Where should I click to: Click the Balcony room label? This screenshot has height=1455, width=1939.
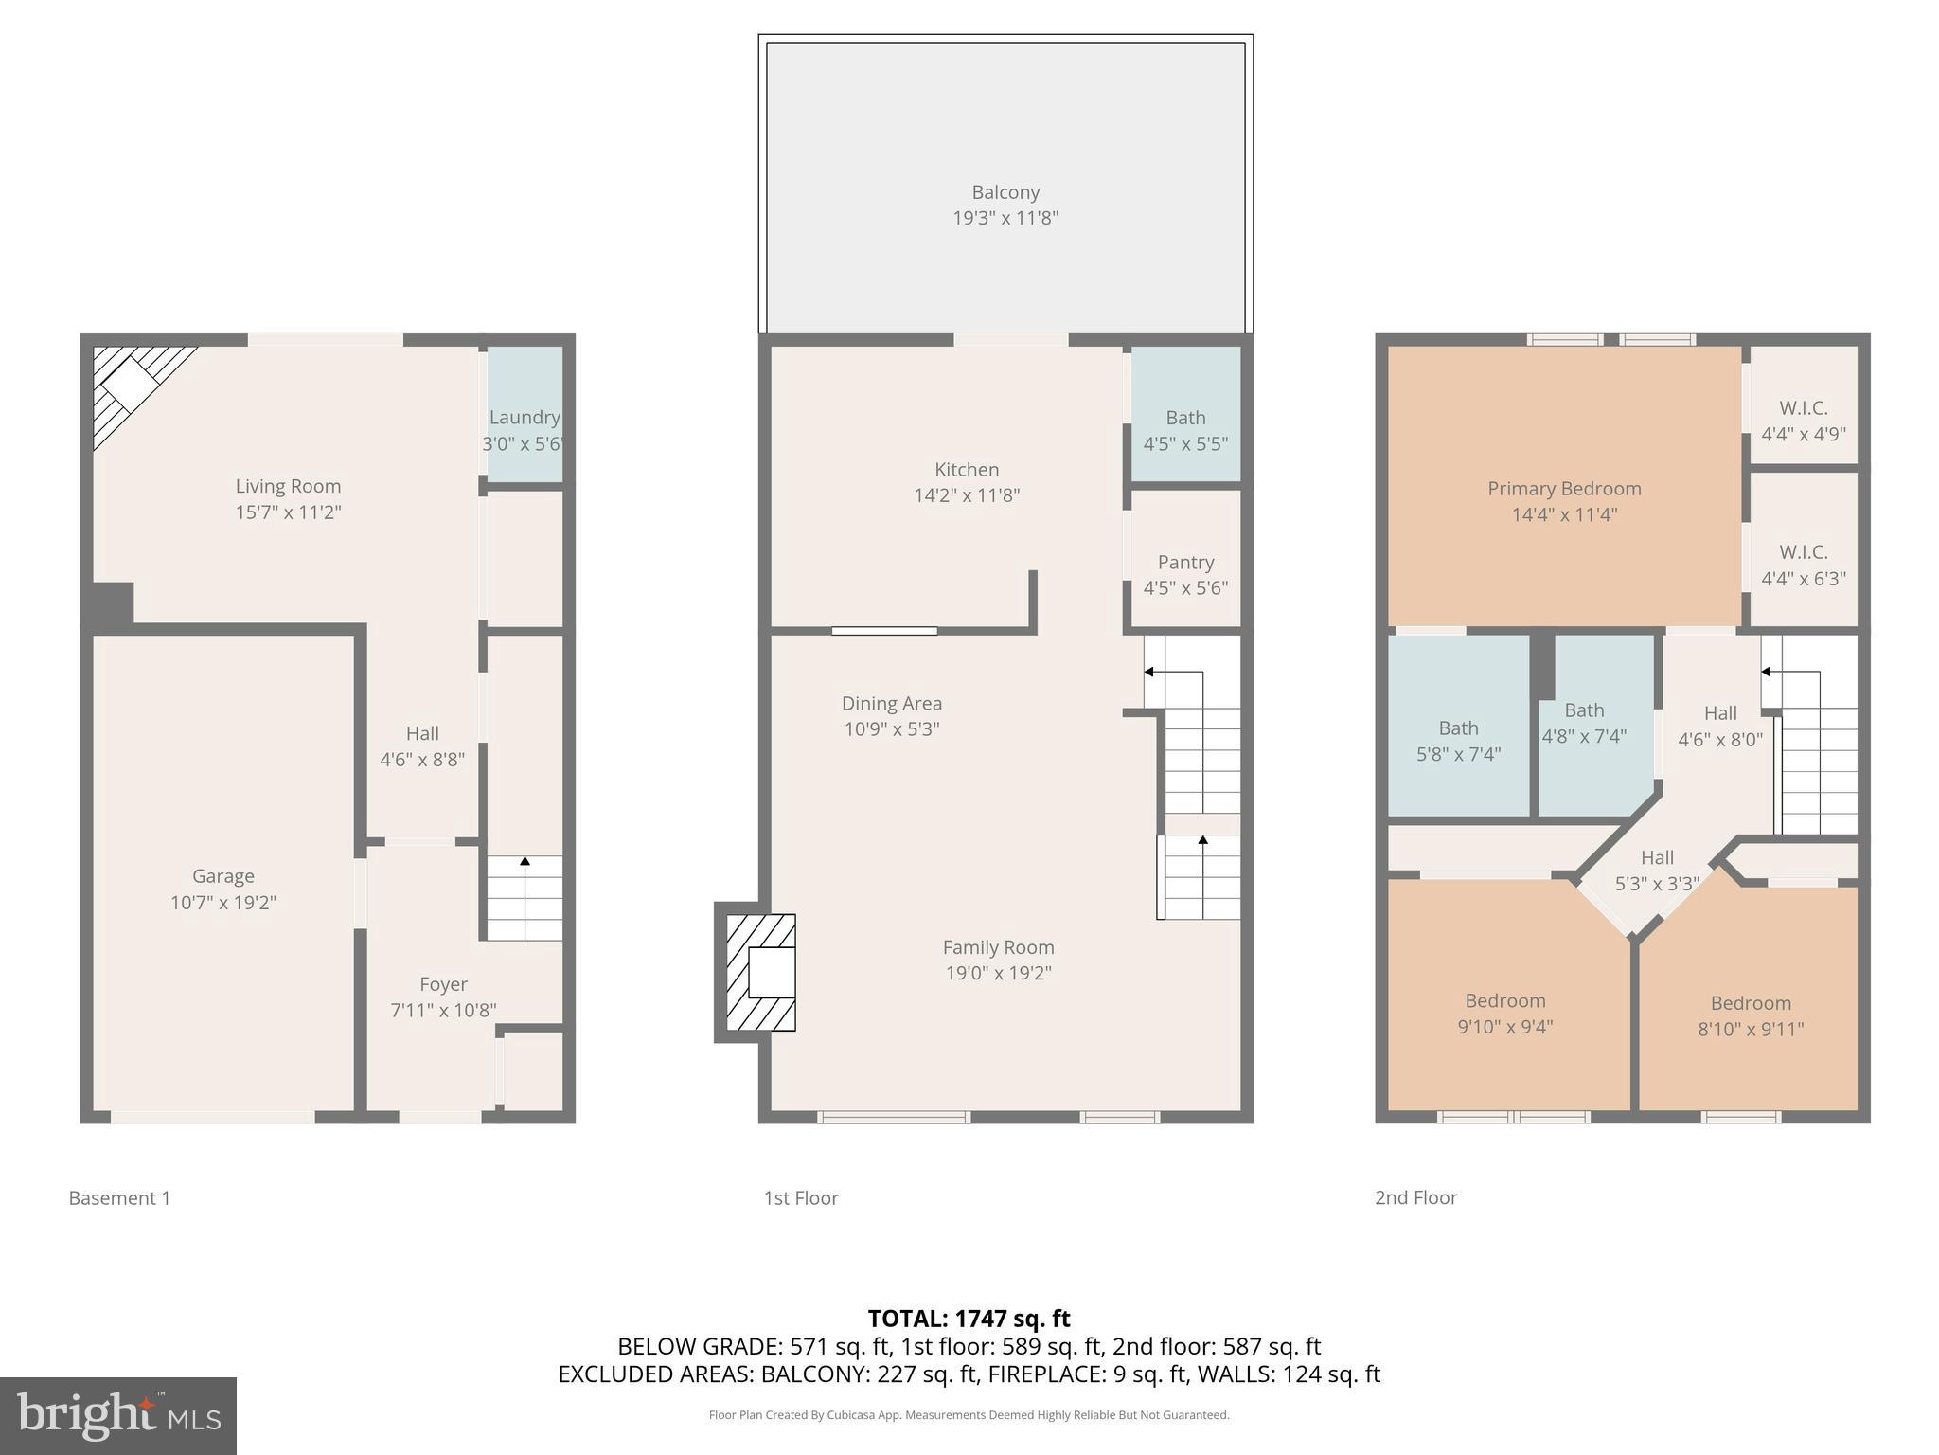[1005, 192]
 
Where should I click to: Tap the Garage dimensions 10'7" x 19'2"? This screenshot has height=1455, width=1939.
[222, 902]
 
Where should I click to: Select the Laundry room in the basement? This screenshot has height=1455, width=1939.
[525, 417]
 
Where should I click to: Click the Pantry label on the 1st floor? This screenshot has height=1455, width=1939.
[1185, 562]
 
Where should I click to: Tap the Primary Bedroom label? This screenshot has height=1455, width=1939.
[1563, 489]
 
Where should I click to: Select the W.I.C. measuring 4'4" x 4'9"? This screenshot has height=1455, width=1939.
[1803, 421]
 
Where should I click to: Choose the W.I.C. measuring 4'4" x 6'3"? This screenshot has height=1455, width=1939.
[1803, 565]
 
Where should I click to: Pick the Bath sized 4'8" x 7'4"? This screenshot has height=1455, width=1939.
[1584, 723]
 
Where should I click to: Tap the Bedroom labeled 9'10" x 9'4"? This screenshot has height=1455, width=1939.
[1504, 1014]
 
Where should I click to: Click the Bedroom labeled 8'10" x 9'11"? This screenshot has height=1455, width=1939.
[1750, 1015]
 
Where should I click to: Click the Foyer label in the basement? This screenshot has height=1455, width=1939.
[443, 984]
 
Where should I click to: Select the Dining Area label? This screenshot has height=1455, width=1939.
[891, 703]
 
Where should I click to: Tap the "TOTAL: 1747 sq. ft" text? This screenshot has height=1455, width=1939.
[969, 1318]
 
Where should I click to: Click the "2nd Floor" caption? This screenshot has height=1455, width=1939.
[1415, 1197]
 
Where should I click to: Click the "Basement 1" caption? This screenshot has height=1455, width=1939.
[119, 1197]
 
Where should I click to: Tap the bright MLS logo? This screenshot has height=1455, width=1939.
[118, 1415]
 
